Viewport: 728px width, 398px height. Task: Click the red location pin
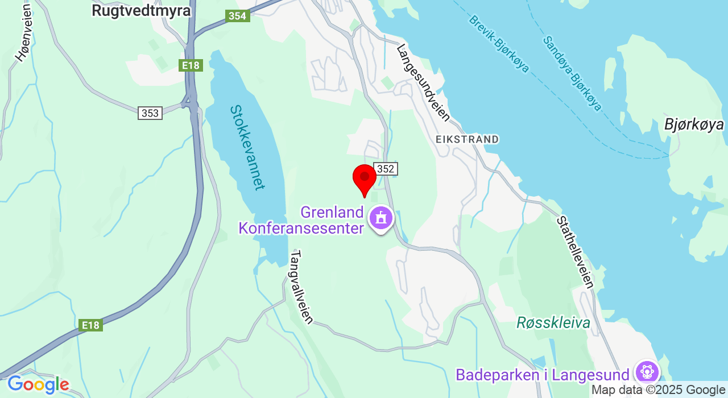365,179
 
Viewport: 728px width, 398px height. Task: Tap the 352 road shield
385,169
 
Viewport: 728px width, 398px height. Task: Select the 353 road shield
150,113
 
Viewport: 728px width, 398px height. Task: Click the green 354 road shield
237,16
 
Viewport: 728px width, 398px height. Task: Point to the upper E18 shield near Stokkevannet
191,65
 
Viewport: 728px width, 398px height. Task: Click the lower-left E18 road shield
90,325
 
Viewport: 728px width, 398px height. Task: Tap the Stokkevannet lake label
248,147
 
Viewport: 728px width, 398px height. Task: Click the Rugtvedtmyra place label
141,11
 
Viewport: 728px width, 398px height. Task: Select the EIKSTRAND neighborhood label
467,139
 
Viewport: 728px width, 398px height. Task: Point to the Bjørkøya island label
694,125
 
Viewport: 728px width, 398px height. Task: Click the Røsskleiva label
553,323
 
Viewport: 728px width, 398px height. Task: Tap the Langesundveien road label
423,83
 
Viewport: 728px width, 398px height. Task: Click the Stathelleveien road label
576,252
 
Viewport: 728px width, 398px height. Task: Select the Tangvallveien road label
301,287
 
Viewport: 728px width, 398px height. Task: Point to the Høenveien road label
24,32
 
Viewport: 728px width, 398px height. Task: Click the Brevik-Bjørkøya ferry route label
499,44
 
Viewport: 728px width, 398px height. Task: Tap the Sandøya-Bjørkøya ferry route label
572,73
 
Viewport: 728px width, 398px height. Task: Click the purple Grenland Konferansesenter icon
381,218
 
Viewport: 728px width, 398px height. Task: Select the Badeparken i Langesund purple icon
647,372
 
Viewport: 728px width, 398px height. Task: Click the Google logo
38,385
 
